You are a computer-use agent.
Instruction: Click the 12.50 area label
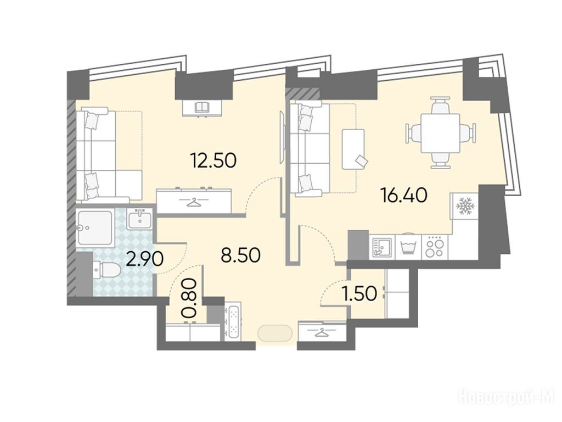[x=213, y=160]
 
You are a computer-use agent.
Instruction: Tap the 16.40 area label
[x=404, y=196]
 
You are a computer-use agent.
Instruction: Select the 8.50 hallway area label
[x=240, y=255]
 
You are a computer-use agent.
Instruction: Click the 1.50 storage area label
[x=359, y=293]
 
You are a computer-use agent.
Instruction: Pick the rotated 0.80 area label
[x=189, y=298]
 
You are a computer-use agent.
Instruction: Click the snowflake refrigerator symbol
[x=465, y=206]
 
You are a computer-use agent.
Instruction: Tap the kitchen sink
[x=381, y=247]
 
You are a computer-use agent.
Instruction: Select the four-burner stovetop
[x=435, y=247]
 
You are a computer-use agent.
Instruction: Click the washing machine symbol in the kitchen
[x=408, y=247]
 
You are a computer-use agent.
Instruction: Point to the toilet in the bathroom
[x=107, y=270]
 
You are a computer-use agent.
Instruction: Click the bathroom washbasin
[x=139, y=219]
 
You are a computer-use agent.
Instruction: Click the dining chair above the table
[x=441, y=104]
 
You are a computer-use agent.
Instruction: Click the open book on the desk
[x=202, y=107]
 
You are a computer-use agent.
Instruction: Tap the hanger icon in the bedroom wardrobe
[x=194, y=202]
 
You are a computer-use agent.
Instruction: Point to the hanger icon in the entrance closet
[x=322, y=332]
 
